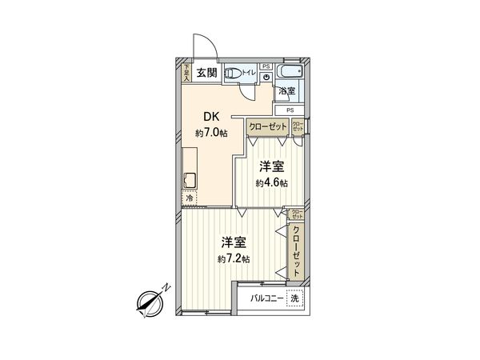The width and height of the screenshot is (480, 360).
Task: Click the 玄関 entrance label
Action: click(x=206, y=74)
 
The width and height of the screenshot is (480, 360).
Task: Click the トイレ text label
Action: click(x=248, y=73)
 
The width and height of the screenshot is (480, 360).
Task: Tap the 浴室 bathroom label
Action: click(x=286, y=91)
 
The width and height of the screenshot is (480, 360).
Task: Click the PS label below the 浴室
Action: click(x=290, y=110)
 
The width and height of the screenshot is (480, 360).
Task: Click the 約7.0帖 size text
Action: click(x=210, y=132)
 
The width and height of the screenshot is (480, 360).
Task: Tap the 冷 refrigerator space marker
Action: click(x=190, y=197)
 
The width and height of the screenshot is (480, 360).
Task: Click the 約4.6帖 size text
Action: click(x=272, y=183)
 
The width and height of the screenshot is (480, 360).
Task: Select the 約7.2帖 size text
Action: click(x=234, y=259)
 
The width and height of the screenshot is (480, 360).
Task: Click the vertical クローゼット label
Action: click(x=297, y=251)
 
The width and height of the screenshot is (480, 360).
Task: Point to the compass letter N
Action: click(x=165, y=288)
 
